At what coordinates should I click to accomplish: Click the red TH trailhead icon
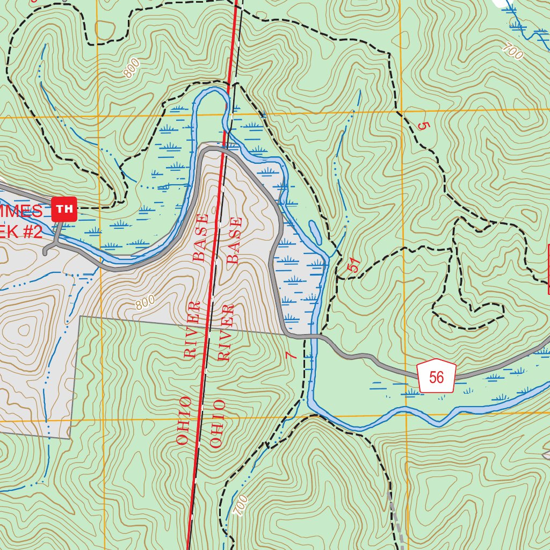64,209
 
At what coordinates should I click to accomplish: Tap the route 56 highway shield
436,377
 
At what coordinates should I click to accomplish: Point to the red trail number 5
424,127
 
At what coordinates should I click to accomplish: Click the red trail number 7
291,355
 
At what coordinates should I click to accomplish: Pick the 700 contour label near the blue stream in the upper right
513,52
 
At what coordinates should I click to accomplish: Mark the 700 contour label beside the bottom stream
242,505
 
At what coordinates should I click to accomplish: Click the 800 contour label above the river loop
132,68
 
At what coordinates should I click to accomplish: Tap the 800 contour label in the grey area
145,303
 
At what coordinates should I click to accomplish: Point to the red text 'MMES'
21,211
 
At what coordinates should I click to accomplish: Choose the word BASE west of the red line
200,237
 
